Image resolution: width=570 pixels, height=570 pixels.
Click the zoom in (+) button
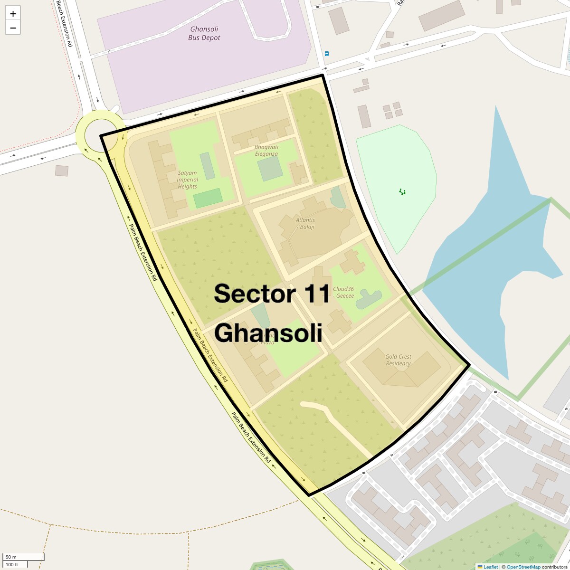coord(13,14)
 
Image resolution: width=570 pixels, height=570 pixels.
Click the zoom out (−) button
coord(13,28)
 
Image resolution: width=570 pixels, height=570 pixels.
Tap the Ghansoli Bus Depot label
coord(204,33)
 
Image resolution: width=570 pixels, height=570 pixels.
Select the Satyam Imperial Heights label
coord(188,180)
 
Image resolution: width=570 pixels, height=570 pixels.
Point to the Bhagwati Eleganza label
coord(266,150)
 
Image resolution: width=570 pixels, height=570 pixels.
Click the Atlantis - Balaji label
coord(305,223)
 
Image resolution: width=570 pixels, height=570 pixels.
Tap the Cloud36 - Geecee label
coord(343,292)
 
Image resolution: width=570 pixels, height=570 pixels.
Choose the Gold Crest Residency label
coord(398,360)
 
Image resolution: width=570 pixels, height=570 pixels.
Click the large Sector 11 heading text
coord(272,294)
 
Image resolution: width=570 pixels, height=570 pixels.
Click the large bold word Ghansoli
coord(268,333)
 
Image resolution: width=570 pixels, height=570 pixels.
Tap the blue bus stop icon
coord(326,54)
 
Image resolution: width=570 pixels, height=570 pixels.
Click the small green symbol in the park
coord(402,192)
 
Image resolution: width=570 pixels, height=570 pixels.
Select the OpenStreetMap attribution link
coord(523,567)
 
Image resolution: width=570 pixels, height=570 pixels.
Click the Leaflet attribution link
coord(490,567)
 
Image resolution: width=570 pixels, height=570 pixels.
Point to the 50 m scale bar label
coord(11,557)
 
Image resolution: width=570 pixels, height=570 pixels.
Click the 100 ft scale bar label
coord(12,564)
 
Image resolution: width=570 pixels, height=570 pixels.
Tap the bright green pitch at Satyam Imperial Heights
coord(208,198)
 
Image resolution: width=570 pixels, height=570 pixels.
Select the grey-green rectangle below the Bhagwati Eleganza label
coord(270,169)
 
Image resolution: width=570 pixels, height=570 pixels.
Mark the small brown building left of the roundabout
coord(62,171)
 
